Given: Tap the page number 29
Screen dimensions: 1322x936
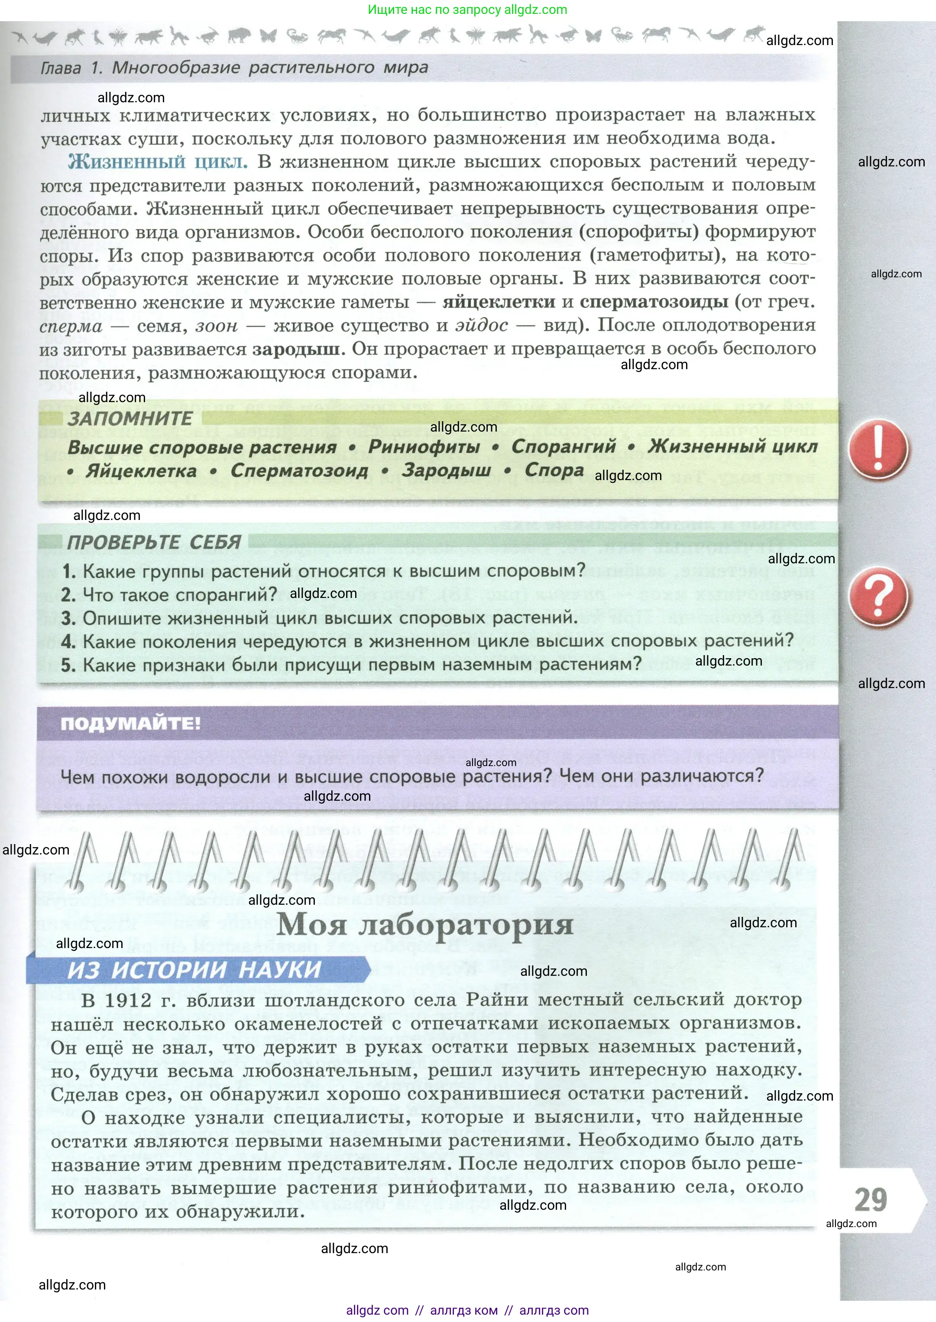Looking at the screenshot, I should [x=870, y=1200].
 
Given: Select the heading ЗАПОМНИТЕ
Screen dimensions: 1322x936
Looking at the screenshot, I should [x=130, y=419].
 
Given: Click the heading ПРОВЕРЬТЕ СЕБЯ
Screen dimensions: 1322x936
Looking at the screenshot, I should [x=154, y=542].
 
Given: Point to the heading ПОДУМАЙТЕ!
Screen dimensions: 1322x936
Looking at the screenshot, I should [x=131, y=724].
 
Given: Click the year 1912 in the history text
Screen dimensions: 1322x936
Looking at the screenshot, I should [x=127, y=1000].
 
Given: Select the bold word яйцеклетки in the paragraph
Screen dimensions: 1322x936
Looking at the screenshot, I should [x=499, y=302].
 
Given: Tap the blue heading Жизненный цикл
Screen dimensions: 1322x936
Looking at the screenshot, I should [x=157, y=162].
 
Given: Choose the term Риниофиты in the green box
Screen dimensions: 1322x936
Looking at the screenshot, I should [x=424, y=446].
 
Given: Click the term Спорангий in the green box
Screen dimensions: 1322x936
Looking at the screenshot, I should [x=563, y=446].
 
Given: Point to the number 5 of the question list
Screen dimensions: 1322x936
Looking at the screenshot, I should [x=68, y=665].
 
